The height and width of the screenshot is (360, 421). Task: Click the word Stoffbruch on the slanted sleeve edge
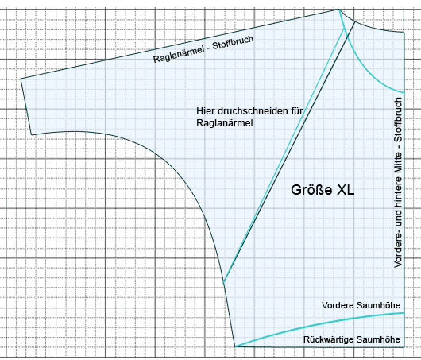[233, 42]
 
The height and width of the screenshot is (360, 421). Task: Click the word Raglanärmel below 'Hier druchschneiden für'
[225, 123]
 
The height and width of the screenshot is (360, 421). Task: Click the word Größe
[311, 190]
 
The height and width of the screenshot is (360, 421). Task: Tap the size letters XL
[346, 190]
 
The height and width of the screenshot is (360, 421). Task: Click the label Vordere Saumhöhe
[361, 305]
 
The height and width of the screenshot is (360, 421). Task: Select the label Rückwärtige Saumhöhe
[352, 339]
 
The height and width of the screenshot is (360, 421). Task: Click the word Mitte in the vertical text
[398, 164]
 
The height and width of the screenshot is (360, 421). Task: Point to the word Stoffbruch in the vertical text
[398, 119]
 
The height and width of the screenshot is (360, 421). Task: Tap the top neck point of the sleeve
[340, 10]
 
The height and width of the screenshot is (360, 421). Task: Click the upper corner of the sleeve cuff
[21, 79]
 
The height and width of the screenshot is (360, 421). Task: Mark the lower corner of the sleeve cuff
[32, 134]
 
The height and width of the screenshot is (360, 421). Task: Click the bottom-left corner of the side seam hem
[235, 346]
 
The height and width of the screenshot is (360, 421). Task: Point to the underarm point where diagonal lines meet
[223, 283]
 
